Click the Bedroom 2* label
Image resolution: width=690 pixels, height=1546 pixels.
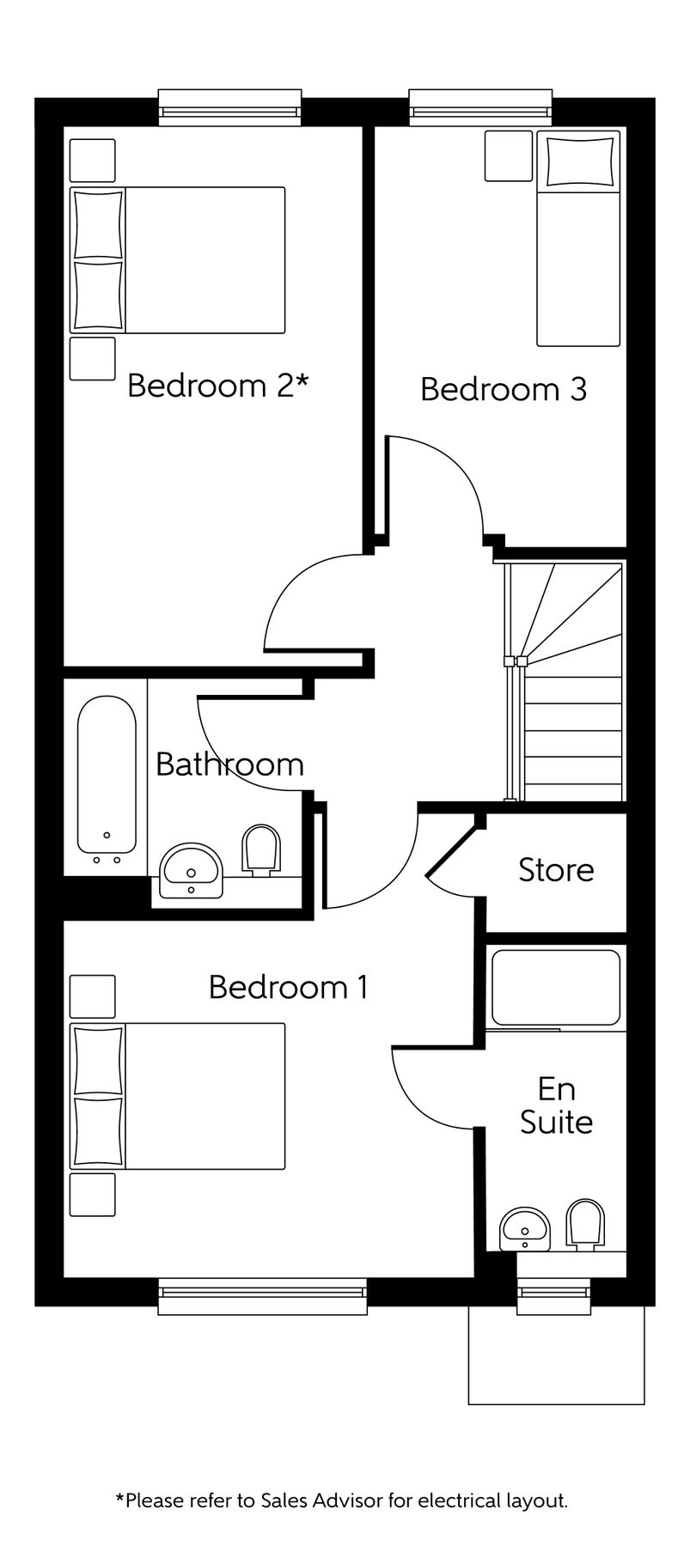(217, 386)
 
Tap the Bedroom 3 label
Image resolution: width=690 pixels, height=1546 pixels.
(504, 389)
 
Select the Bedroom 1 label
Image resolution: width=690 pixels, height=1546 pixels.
(289, 987)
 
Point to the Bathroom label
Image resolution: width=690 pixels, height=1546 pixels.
(229, 764)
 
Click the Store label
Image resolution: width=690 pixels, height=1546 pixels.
(556, 870)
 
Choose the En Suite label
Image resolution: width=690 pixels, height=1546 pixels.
(556, 1105)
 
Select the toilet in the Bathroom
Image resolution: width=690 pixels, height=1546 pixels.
(262, 850)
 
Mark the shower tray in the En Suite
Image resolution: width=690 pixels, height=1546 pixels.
(555, 987)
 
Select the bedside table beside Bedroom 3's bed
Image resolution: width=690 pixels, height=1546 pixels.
(509, 155)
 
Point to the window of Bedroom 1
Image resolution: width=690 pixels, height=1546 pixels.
(262, 1296)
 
